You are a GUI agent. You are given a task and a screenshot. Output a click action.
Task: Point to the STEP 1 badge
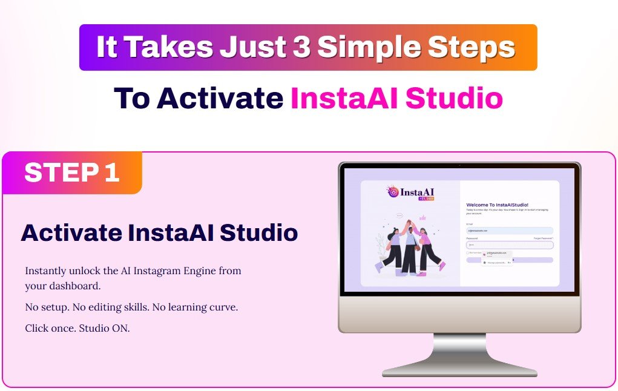[x=71, y=173]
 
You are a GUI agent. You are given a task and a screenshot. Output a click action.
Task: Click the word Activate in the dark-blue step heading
[x=70, y=233]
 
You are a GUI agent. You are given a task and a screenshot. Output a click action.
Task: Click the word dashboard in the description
[x=73, y=286]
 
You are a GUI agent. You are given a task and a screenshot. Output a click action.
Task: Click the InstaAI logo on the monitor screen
[x=411, y=193]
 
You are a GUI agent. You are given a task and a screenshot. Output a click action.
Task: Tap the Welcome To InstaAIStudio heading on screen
[x=497, y=205]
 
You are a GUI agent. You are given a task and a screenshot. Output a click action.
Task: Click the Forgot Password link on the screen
[x=543, y=238]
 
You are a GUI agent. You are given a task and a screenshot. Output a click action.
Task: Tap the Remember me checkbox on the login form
[x=468, y=252]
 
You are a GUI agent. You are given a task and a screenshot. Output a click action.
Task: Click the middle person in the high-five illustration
[x=410, y=248]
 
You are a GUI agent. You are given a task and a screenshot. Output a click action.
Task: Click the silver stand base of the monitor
[x=459, y=370]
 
